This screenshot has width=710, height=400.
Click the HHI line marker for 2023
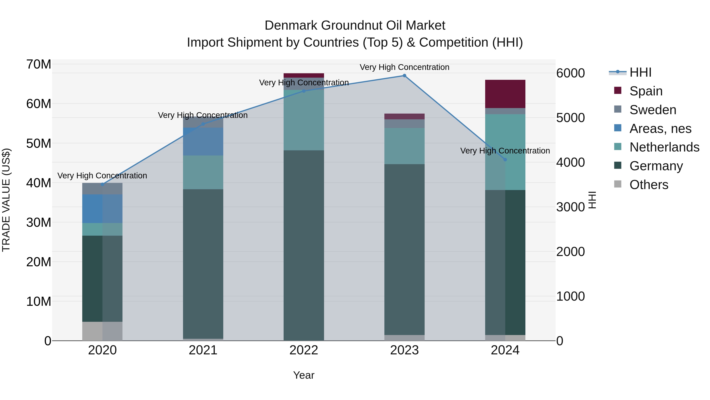pos(404,76)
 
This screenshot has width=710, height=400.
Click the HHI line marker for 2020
pos(103,184)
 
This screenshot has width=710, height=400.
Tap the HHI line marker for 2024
pos(505,160)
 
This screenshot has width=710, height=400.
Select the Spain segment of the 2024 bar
pos(505,94)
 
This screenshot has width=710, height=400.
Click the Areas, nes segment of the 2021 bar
pos(203,142)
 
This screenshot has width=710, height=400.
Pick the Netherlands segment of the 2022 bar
pos(304,120)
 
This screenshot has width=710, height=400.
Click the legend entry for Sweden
pos(652,110)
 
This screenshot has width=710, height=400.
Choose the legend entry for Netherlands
pos(664,147)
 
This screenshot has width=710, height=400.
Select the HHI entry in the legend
pos(640,72)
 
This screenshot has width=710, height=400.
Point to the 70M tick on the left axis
pos(39,64)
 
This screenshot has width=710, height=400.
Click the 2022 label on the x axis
pos(304,350)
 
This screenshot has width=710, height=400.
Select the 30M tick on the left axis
pos(39,222)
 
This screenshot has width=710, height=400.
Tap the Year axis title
pos(304,375)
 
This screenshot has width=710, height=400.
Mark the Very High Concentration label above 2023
pos(404,67)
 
